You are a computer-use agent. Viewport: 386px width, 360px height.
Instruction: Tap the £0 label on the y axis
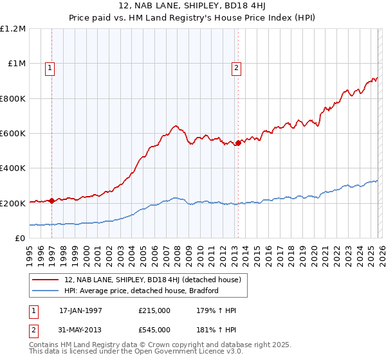(20, 239)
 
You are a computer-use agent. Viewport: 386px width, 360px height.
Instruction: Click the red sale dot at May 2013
(237, 143)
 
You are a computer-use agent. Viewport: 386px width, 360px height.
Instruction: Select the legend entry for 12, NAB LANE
(152, 279)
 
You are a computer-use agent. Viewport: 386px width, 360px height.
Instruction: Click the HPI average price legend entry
(142, 291)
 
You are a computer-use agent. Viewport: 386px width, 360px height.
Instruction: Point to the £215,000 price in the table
(154, 310)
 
